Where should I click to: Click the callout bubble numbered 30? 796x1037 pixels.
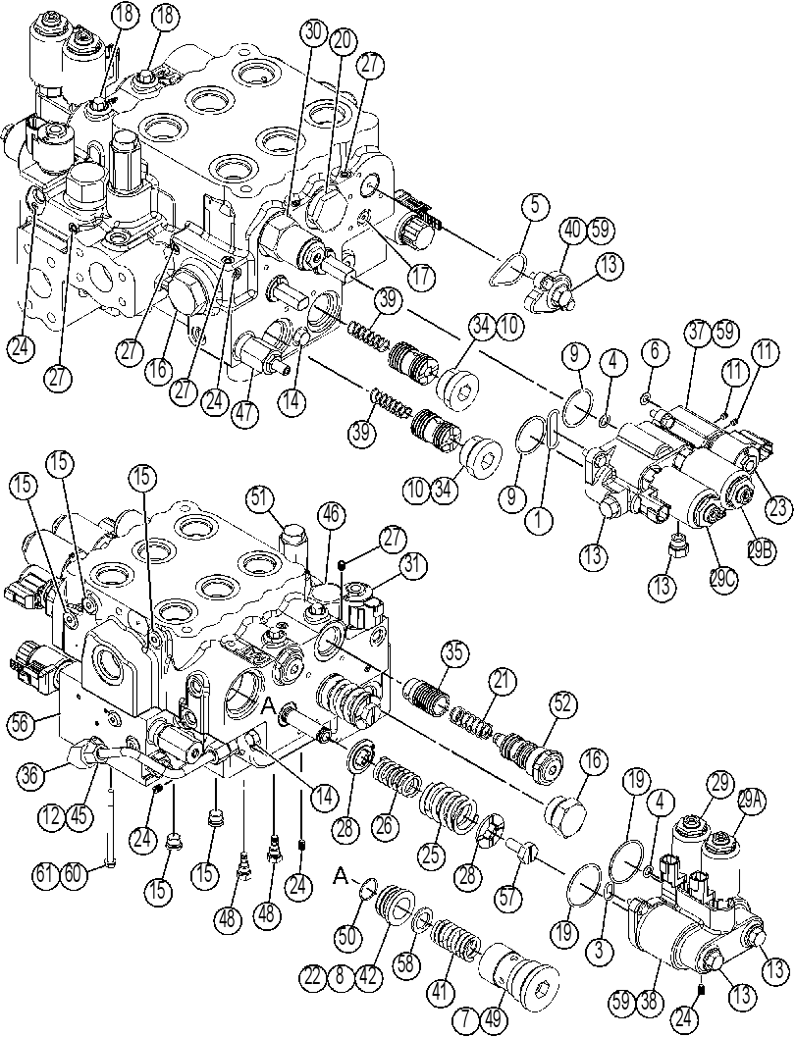[x=316, y=31]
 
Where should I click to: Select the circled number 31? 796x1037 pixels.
[x=412, y=567]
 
